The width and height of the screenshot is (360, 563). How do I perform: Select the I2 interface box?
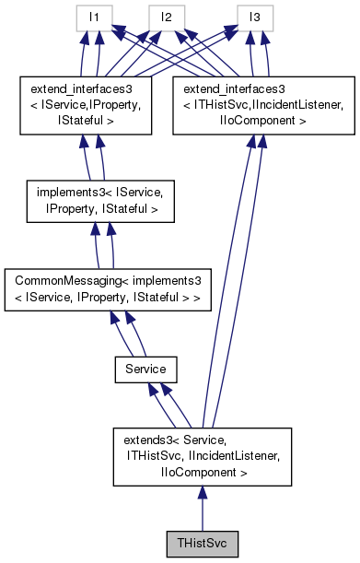(167, 17)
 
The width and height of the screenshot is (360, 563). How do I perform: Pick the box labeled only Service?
(145, 369)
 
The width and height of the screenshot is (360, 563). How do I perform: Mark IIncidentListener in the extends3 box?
(228, 458)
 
